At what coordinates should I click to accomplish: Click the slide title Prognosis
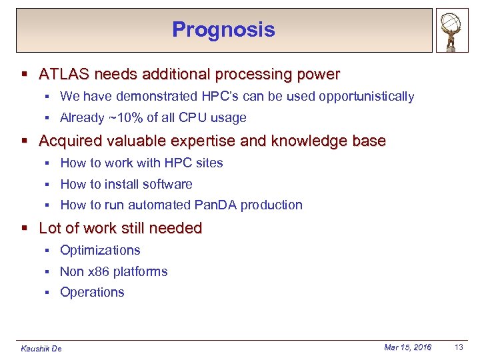click(223, 29)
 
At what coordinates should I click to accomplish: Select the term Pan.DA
click(214, 205)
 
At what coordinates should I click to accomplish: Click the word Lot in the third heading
click(49, 228)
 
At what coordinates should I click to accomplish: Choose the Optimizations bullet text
click(100, 251)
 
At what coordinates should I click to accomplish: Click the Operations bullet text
click(92, 293)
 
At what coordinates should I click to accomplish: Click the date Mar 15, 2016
click(407, 347)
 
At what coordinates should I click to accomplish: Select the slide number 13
click(459, 347)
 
